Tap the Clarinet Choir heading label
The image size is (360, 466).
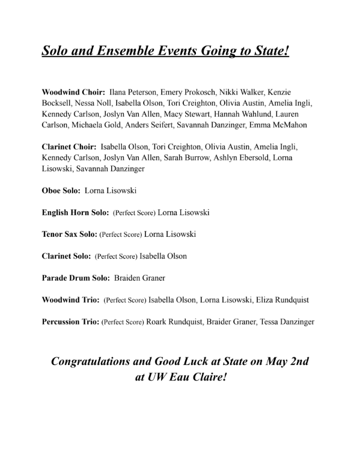point(69,147)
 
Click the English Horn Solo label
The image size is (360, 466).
point(75,212)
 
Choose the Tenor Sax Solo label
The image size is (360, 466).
point(69,234)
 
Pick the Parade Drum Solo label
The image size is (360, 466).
point(75,278)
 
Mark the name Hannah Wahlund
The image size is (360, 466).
point(255,114)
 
